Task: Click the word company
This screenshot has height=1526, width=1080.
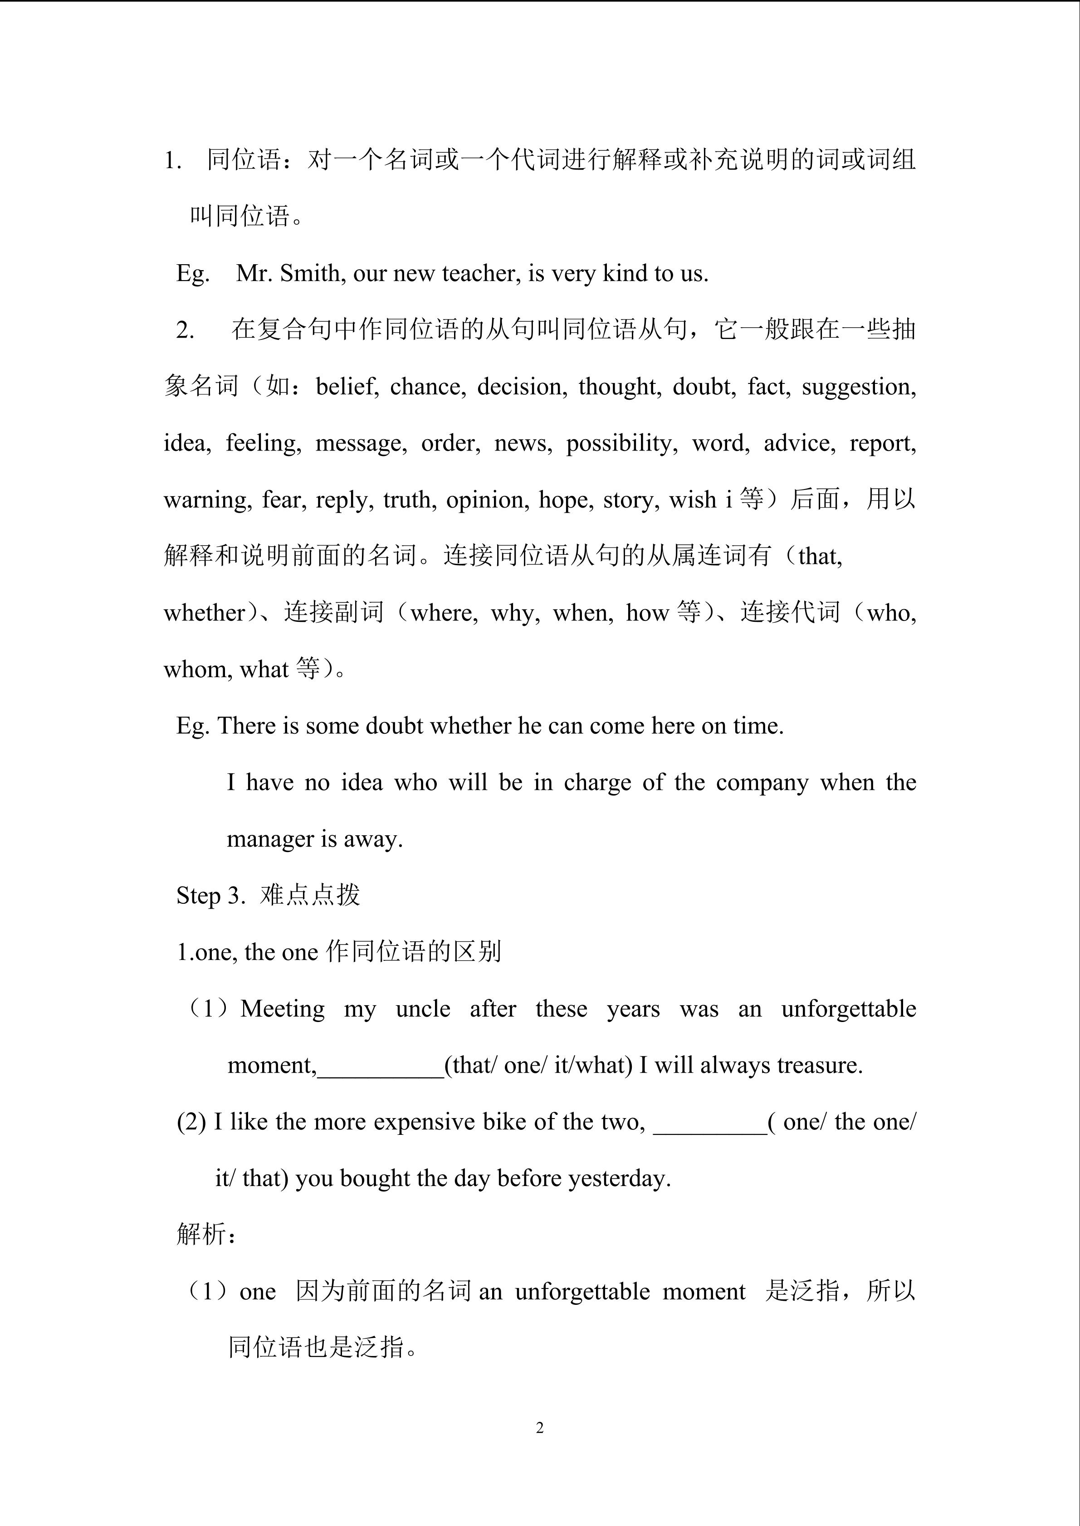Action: [x=762, y=782]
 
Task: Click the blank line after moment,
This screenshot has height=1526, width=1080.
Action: [x=381, y=1066]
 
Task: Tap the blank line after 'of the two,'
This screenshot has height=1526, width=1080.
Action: [x=710, y=1122]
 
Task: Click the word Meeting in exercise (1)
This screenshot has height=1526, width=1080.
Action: [x=283, y=1009]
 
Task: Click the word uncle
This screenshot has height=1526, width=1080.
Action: [x=423, y=1009]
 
